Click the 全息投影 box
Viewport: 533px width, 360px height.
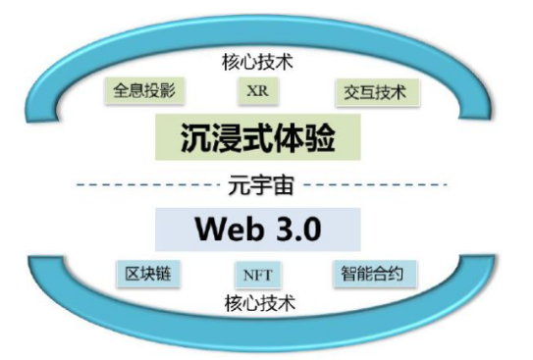point(144,91)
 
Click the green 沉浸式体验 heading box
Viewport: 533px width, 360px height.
point(259,138)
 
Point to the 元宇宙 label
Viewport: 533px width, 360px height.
point(262,182)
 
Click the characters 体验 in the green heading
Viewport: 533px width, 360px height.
point(306,138)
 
